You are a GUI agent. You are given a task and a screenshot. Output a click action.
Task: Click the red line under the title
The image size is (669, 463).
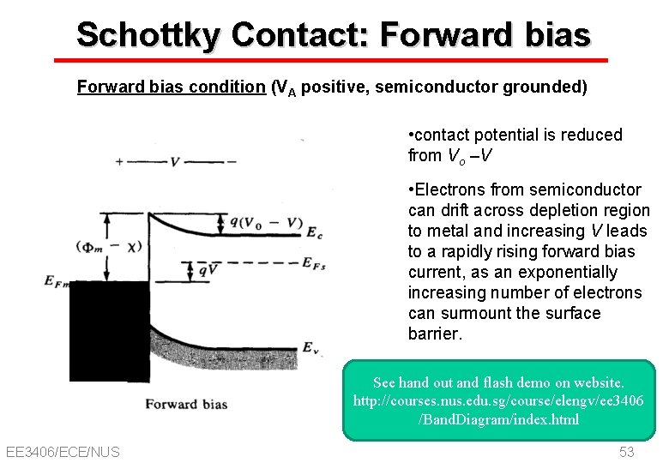coord(331,61)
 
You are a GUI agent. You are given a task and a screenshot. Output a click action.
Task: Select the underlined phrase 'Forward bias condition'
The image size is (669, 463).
coord(171,87)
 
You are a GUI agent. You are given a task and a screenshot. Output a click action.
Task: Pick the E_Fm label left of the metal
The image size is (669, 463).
coord(56,280)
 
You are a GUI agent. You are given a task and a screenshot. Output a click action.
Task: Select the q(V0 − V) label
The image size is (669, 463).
coord(266,224)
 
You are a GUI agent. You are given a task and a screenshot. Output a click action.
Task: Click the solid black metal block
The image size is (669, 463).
coord(109,330)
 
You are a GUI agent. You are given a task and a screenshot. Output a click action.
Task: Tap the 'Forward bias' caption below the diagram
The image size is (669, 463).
coord(186,403)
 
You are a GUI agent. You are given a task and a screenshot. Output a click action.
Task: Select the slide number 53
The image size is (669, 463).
coord(626,452)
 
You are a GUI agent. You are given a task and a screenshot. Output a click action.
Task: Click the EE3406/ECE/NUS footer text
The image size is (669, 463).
coord(63,452)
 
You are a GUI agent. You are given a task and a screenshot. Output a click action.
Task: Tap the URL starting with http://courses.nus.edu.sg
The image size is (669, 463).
coord(498,400)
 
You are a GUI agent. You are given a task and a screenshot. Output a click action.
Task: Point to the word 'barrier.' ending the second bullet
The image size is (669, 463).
coord(436,334)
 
